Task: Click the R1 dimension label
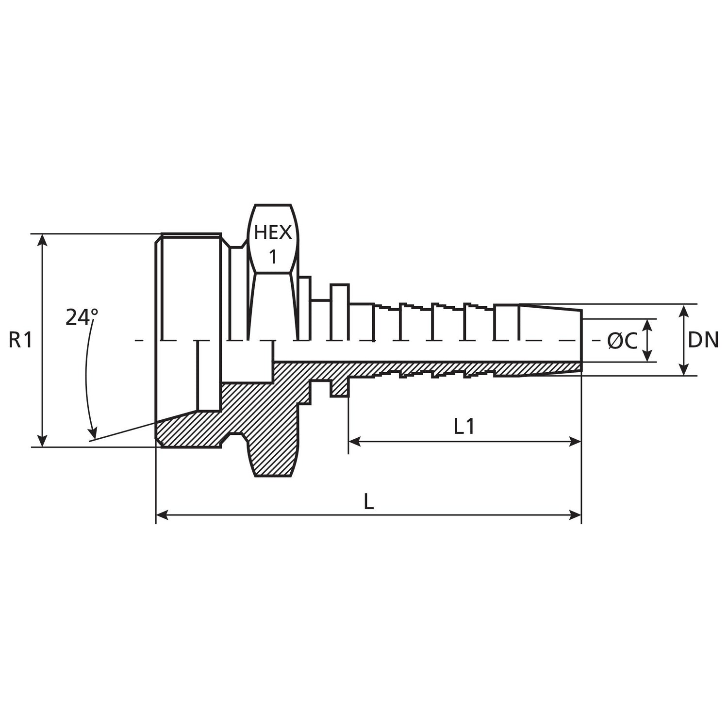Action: pos(20,340)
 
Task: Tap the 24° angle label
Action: pos(82,317)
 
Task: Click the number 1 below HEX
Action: pos(273,257)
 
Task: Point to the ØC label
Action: pos(622,341)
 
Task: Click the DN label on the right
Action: pos(703,340)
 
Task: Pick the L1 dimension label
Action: pos(464,427)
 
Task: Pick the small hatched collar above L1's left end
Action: pos(340,388)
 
